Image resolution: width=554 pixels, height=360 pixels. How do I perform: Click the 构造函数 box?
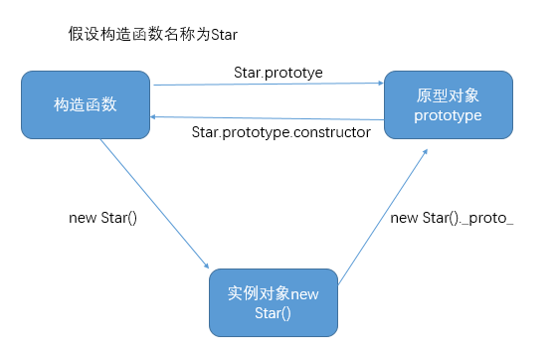pyautogui.click(x=87, y=104)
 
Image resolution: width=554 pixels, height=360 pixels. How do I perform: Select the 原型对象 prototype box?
pyautogui.click(x=449, y=104)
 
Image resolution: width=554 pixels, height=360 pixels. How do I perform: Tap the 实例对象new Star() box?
pyautogui.click(x=274, y=303)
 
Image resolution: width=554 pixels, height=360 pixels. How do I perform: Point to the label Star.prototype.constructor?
pyautogui.click(x=280, y=131)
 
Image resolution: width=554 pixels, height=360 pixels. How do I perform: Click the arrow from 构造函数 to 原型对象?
pyautogui.click(x=269, y=86)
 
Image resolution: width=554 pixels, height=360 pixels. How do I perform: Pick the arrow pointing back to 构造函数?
pyautogui.click(x=269, y=115)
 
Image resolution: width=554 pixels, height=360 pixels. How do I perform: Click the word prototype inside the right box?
pyautogui.click(x=449, y=115)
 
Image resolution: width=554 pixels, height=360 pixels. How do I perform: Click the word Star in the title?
pyautogui.click(x=224, y=35)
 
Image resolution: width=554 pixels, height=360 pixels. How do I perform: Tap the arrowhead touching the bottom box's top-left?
pyautogui.click(x=206, y=266)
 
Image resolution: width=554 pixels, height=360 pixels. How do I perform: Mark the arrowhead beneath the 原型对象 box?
pyautogui.click(x=426, y=151)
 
